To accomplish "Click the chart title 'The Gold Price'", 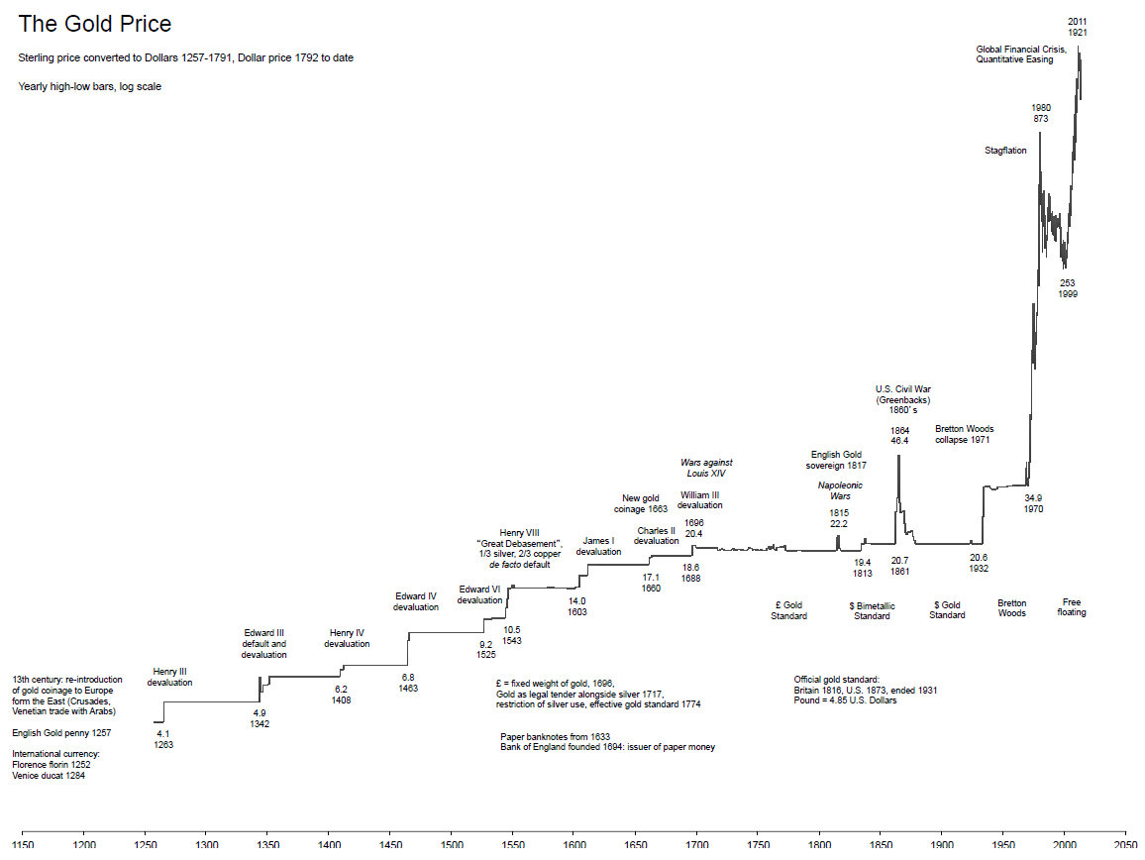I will [94, 24].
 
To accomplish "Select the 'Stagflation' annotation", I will [1005, 151].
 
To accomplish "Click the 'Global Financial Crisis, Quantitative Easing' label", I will [1020, 54].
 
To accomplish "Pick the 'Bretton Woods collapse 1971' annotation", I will [964, 434].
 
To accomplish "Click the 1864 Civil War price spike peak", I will [898, 457].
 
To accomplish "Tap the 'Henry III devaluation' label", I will [169, 677].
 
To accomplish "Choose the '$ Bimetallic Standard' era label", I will [872, 610].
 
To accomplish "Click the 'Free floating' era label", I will [1071, 606].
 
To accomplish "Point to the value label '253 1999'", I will [1067, 288].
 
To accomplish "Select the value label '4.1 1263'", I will [163, 739].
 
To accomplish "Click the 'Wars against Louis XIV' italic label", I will [706, 468].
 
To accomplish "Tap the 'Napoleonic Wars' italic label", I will [839, 490].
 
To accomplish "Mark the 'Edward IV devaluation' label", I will [415, 601].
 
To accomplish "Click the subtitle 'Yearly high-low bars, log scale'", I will [89, 86].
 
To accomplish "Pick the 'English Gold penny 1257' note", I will [61, 733].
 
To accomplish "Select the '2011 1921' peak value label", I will [1077, 27].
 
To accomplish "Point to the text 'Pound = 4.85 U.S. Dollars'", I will [845, 700].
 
